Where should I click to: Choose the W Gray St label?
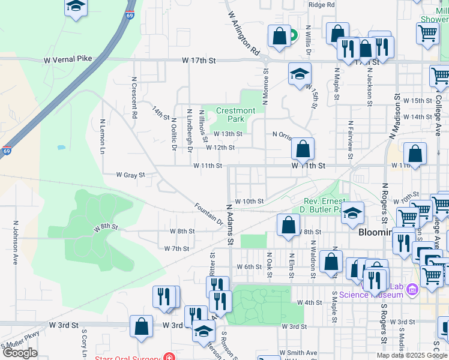click(130, 175)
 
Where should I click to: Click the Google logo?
click(20, 353)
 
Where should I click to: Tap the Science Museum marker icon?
click(412, 290)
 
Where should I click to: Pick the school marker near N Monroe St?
click(300, 74)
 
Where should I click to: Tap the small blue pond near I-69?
click(61, 147)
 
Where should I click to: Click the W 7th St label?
click(176, 248)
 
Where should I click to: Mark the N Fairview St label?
click(350, 136)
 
